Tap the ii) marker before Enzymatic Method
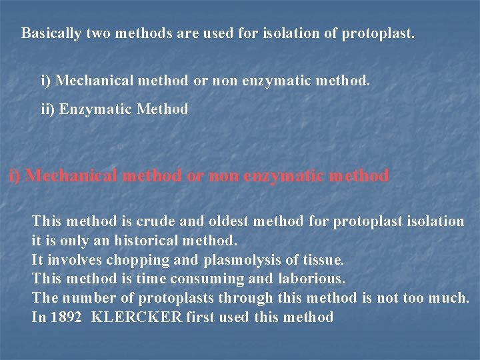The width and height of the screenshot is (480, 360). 48,109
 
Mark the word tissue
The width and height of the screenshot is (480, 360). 323,259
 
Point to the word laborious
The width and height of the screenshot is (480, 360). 312,279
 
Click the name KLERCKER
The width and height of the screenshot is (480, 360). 136,317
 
